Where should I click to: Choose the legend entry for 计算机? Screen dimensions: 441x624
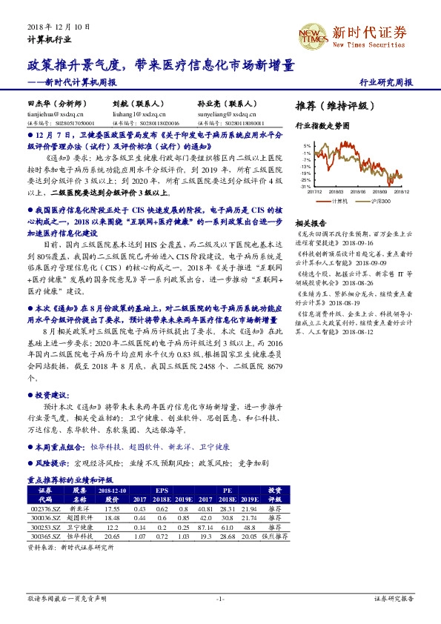(339, 202)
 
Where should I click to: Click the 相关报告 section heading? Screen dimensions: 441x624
(310, 223)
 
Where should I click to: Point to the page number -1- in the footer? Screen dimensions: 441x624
(220, 598)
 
